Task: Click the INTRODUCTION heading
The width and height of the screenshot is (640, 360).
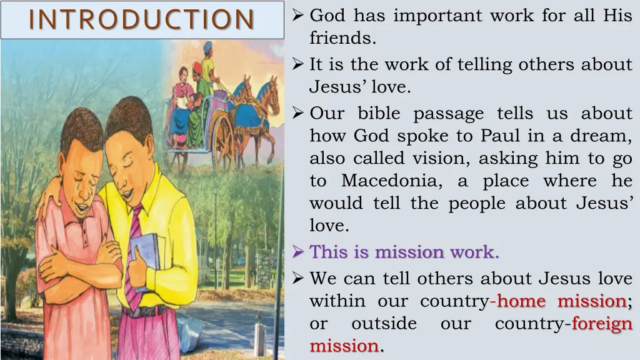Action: point(142,19)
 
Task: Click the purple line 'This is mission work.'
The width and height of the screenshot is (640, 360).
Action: point(404,252)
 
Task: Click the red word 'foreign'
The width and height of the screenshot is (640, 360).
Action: point(602,324)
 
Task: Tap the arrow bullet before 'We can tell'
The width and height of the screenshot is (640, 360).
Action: point(299,279)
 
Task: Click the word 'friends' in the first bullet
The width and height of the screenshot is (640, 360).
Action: point(342,39)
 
